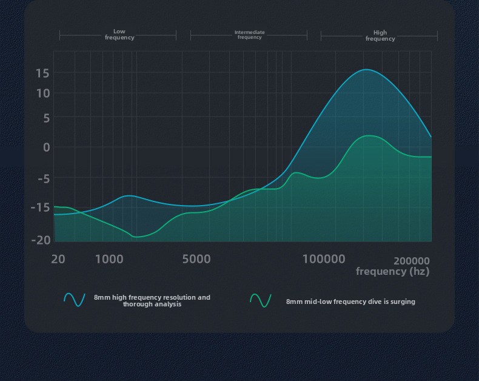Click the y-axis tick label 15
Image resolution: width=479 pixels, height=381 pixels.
[x=42, y=73]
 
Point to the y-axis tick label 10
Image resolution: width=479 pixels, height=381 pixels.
[x=42, y=93]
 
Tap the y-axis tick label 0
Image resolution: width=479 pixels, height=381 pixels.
[x=46, y=147]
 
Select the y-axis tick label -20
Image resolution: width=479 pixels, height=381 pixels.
[x=41, y=240]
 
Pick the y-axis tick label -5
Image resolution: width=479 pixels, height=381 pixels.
[x=44, y=178]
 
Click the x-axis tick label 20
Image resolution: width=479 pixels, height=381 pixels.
[x=58, y=260]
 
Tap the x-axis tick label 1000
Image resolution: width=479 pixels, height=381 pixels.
[x=109, y=260]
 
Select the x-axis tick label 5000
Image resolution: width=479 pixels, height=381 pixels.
[x=196, y=260]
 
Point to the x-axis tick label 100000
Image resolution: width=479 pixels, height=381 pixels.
[x=324, y=260]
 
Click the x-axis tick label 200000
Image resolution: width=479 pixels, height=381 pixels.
[x=412, y=261]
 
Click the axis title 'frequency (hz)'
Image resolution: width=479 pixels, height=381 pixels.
[x=392, y=271]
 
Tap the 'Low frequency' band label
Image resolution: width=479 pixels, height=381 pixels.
[x=119, y=35]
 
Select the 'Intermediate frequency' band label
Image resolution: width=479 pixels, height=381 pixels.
[x=250, y=35]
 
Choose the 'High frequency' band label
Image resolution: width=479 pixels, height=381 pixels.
[x=380, y=36]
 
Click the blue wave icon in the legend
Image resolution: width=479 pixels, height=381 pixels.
[x=75, y=300]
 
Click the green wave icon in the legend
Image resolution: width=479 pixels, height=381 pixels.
[x=261, y=300]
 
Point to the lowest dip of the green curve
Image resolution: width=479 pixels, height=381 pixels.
[x=137, y=237]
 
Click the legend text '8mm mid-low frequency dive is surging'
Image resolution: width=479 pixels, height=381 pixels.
[x=350, y=302]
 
